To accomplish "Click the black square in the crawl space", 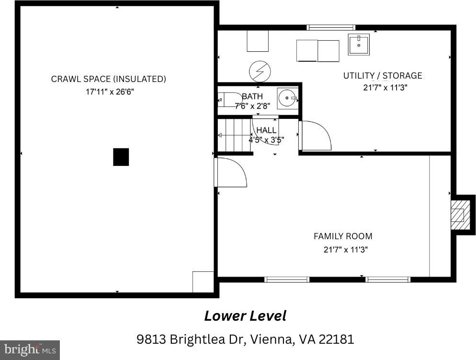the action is point(121,157).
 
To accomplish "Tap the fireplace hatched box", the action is point(457,215).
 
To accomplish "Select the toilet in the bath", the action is point(229,99).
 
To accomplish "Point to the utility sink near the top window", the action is point(359,45).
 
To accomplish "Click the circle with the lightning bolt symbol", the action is point(260,72).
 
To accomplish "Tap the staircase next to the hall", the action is point(234,135).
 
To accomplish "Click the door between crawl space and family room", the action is point(230,172).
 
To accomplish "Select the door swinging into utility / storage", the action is point(315,136).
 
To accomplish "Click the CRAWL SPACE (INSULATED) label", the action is point(108,79).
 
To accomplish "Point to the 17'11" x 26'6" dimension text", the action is point(110,92).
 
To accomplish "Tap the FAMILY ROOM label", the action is point(343,236).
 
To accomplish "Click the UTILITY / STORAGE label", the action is point(383,75).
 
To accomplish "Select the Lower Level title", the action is point(245,315).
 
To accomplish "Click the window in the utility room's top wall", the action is point(330,27).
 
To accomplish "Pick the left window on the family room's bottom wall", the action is point(286,279).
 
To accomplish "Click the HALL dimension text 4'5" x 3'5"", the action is point(266,140).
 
